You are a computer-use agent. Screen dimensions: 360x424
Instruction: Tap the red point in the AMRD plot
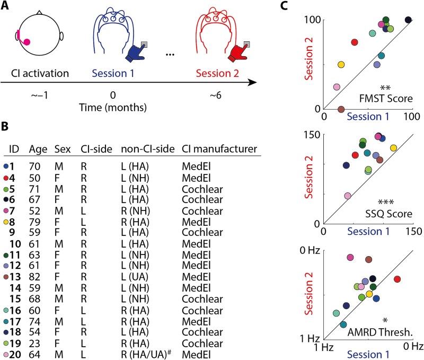pos(397,279)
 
